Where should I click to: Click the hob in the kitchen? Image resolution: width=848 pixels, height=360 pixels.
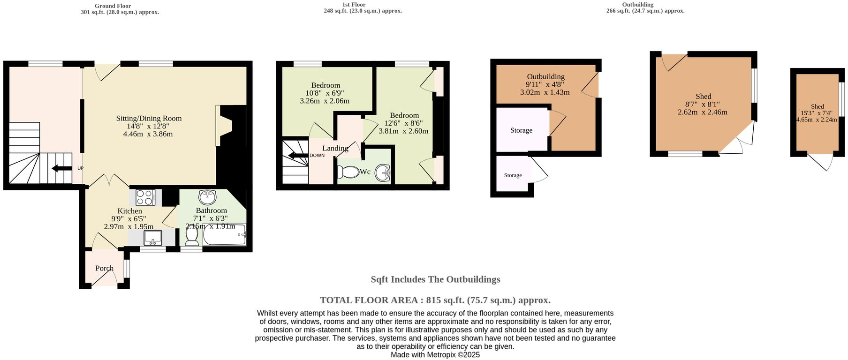click(x=145, y=197)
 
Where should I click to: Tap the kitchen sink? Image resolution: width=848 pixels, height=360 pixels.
click(x=153, y=238)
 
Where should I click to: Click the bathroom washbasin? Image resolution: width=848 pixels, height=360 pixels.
click(x=207, y=195)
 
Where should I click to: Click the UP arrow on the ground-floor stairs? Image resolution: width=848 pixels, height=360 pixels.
click(x=61, y=168)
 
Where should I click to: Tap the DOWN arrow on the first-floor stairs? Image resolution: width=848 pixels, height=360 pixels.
click(x=298, y=156)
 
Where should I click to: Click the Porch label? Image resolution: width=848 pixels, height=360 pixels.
click(x=104, y=268)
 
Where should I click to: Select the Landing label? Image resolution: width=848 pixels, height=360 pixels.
click(x=335, y=148)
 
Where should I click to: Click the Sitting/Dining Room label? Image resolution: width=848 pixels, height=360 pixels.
click(x=149, y=119)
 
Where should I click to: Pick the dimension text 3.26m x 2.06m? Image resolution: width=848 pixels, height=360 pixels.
click(x=325, y=101)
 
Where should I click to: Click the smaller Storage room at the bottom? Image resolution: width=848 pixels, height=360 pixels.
click(x=513, y=175)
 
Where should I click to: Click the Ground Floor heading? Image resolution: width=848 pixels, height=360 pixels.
click(x=113, y=6)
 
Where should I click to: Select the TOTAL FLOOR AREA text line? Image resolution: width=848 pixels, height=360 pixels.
click(x=435, y=300)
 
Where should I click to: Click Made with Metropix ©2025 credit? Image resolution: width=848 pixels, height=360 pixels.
click(x=435, y=355)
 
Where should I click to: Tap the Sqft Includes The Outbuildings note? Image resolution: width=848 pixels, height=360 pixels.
click(x=435, y=279)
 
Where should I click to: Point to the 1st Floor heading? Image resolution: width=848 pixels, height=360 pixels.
click(x=354, y=5)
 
